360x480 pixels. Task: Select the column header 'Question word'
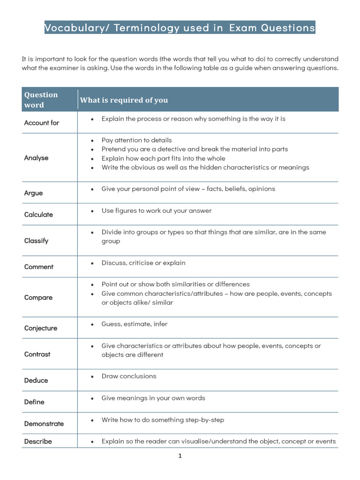(41, 99)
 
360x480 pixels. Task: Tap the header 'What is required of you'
(124, 100)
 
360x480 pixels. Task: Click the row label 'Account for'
(42, 123)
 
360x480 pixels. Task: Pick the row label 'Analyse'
(36, 158)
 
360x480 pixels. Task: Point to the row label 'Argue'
(33, 193)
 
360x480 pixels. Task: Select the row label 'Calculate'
(38, 215)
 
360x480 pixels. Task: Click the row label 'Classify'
(36, 241)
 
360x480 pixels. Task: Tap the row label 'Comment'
(39, 267)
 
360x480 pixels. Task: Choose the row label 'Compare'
(38, 298)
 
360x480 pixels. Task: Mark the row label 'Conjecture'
(41, 328)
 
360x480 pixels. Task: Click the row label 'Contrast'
(37, 354)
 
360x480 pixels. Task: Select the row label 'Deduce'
(36, 381)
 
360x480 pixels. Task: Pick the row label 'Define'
(34, 402)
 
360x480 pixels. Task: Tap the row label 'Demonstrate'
(44, 424)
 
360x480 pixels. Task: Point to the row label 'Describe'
(38, 442)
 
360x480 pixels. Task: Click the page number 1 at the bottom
(180, 456)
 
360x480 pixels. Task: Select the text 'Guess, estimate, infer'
(135, 324)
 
